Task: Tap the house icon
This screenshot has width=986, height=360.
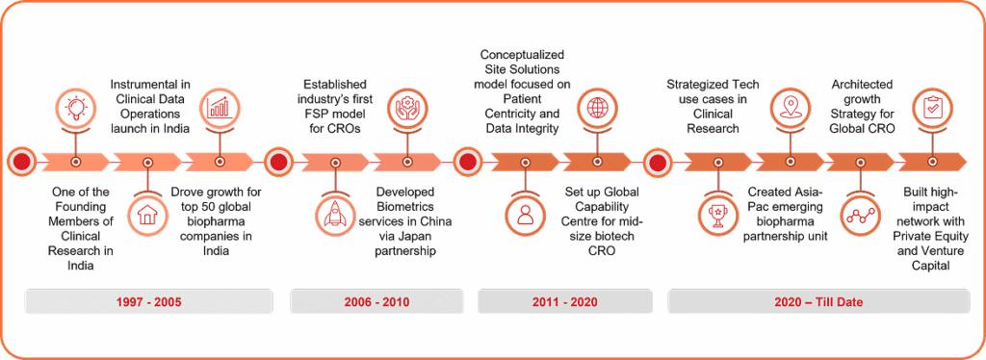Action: tap(147, 217)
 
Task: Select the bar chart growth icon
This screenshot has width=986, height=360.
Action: tap(220, 107)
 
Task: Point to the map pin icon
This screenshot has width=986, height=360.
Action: tap(789, 107)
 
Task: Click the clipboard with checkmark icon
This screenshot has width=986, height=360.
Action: tap(932, 107)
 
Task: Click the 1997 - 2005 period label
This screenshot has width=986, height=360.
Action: tap(148, 302)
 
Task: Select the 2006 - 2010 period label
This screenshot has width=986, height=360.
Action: tap(376, 302)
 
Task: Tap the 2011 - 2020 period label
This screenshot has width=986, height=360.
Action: tap(564, 302)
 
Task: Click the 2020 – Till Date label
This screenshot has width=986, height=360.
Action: tap(817, 302)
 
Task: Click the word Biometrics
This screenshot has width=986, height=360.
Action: tap(414, 207)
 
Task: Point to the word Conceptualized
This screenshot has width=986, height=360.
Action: tap(523, 54)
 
